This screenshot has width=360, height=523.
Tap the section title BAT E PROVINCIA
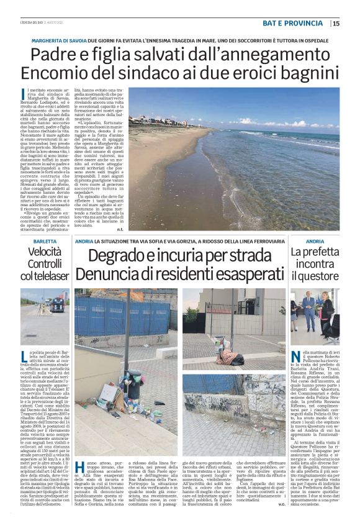[294, 24]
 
